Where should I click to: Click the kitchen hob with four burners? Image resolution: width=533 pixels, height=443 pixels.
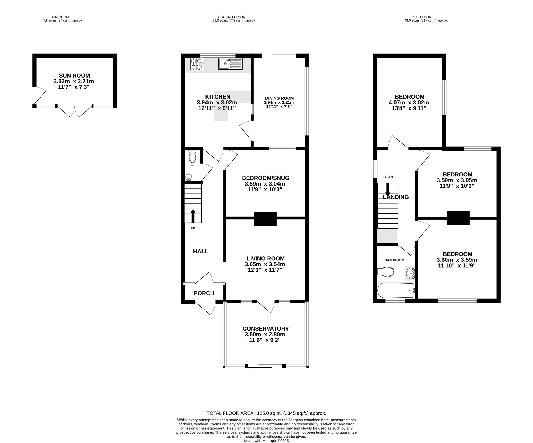[197, 64]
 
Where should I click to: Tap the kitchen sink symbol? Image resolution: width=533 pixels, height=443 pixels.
[231, 64]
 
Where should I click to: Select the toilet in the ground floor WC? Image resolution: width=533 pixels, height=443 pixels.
[192, 156]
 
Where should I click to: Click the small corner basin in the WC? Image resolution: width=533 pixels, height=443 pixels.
[188, 177]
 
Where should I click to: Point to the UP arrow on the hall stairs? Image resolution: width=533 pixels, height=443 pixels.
[193, 216]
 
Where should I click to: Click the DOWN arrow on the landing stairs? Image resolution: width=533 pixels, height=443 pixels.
[388, 190]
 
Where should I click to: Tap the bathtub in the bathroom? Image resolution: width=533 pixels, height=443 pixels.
[396, 291]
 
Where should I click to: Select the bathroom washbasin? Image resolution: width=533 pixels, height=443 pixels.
[410, 273]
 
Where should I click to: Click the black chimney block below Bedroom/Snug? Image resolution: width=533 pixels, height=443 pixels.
[265, 219]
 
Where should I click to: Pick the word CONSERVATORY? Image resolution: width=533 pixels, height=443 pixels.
[265, 329]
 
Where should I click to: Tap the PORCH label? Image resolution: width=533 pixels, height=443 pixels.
[204, 293]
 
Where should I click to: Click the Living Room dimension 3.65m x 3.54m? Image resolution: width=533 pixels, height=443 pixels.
[265, 264]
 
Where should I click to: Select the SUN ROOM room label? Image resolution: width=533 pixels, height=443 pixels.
[74, 75]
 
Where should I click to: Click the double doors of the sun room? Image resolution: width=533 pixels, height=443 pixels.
[75, 111]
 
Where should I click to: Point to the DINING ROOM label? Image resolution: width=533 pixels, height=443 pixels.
[279, 98]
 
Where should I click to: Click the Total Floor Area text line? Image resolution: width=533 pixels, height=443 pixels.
[266, 413]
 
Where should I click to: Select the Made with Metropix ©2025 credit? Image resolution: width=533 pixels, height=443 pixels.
[266, 441]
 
